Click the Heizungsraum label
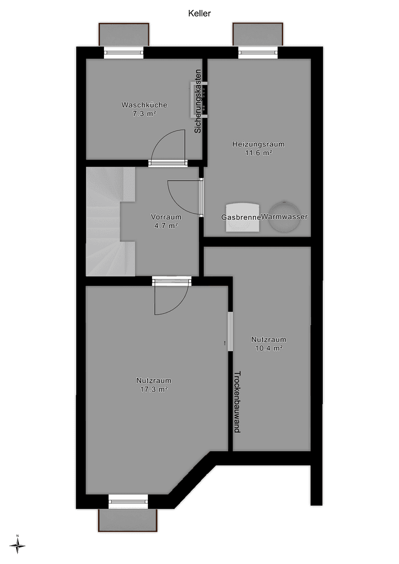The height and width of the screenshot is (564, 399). (259, 144)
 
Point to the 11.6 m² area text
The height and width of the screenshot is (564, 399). (259, 153)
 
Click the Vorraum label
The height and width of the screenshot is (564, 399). (166, 217)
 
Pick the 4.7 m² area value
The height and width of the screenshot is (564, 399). (166, 226)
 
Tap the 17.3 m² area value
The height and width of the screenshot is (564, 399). (154, 390)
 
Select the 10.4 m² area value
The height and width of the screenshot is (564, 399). (268, 348)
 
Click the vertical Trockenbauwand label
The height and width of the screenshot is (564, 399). (237, 402)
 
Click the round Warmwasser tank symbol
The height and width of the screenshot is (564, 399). (285, 216)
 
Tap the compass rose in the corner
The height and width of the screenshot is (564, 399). (18, 546)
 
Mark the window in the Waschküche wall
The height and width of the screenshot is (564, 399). (123, 52)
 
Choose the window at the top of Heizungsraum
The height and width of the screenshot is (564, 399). (258, 52)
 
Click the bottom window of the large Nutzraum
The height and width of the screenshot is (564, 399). (128, 502)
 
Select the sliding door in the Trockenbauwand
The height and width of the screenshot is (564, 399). (230, 332)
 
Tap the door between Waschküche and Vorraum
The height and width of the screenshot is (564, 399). (168, 163)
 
